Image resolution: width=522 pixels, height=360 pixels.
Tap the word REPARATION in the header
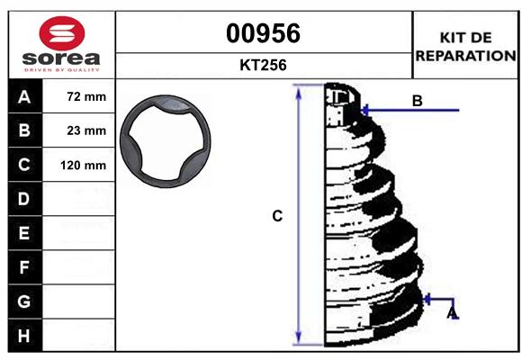[465, 55]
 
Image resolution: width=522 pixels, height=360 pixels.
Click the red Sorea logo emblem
[61, 33]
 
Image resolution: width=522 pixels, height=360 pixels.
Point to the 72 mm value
[86, 96]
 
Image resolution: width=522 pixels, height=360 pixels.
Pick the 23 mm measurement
[86, 130]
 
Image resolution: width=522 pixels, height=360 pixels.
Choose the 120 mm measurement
[84, 166]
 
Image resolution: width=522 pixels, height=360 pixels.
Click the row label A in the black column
[24, 96]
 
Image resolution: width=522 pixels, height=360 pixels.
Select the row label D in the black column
[24, 198]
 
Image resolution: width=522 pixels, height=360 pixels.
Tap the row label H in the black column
[24, 335]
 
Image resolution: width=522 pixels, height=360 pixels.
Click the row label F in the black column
[24, 266]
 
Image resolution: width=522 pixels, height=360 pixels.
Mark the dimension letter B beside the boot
[417, 101]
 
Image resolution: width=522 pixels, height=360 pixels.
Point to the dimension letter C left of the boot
[277, 216]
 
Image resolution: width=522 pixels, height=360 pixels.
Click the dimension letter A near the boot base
[453, 313]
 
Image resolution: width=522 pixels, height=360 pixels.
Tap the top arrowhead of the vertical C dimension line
[298, 91]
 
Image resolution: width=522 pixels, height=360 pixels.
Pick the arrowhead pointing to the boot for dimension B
[364, 111]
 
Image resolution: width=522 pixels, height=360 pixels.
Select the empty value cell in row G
[81, 301]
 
